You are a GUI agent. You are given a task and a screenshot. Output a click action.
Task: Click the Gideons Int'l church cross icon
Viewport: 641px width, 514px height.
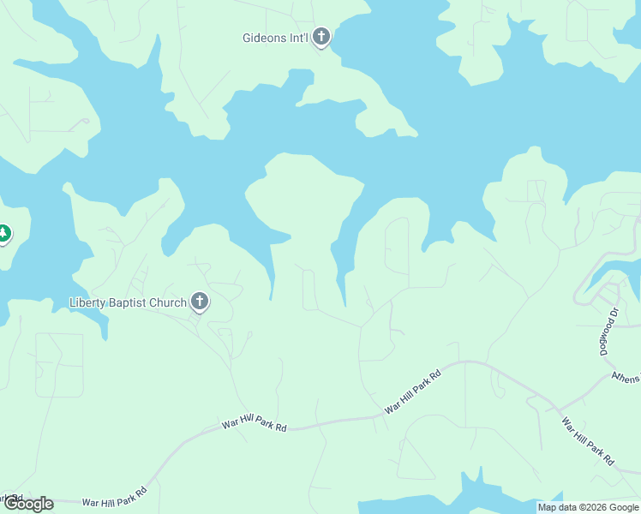pos(321,37)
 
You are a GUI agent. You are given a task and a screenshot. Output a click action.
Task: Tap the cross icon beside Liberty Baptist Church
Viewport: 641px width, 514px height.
pos(200,302)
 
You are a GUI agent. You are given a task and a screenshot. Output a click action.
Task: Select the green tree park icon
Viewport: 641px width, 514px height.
pos(3,232)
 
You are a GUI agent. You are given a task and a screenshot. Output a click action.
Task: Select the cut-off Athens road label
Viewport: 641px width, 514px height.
pos(626,376)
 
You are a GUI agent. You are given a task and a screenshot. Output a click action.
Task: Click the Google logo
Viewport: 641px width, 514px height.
pos(27,504)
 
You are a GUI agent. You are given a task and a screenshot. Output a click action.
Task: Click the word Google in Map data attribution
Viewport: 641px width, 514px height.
pos(622,507)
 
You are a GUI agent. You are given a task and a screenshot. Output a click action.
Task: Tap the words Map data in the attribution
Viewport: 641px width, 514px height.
pos(558,507)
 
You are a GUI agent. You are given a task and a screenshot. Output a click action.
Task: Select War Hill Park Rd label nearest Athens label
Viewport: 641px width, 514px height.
pos(587,441)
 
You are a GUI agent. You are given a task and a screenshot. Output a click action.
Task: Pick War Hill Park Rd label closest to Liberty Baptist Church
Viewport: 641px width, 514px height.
pos(254,425)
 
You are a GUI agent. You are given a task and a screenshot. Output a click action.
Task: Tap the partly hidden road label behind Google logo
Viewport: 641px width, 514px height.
pos(10,496)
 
